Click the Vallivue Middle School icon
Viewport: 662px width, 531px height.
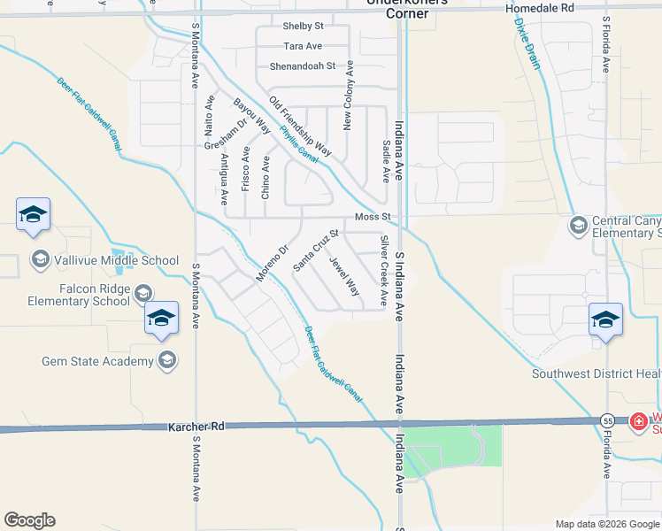[40, 259]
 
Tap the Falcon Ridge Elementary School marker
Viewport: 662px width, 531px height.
[142, 292]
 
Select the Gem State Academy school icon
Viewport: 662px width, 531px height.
[166, 359]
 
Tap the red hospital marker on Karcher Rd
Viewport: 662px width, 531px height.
[638, 422]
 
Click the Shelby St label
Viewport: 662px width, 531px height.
[303, 27]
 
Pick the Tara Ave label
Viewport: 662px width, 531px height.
[303, 46]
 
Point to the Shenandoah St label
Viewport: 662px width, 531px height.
[303, 65]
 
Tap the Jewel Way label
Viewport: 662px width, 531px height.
[344, 276]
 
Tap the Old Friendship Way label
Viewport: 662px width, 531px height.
[300, 127]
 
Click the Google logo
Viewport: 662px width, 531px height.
[29, 520]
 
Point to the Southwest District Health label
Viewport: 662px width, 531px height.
[596, 373]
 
